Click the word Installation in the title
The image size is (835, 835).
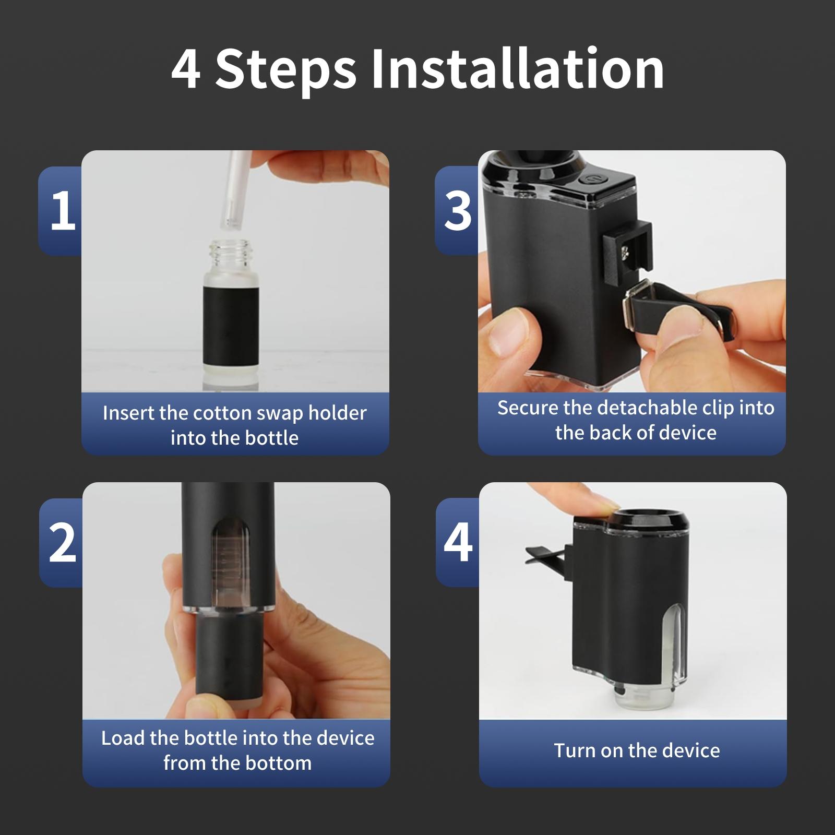517,69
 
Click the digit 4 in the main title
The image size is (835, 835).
186,70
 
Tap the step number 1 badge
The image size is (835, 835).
62,211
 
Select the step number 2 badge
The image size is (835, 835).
62,543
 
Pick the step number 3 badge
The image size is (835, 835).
458,211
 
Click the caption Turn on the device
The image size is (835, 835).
637,750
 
